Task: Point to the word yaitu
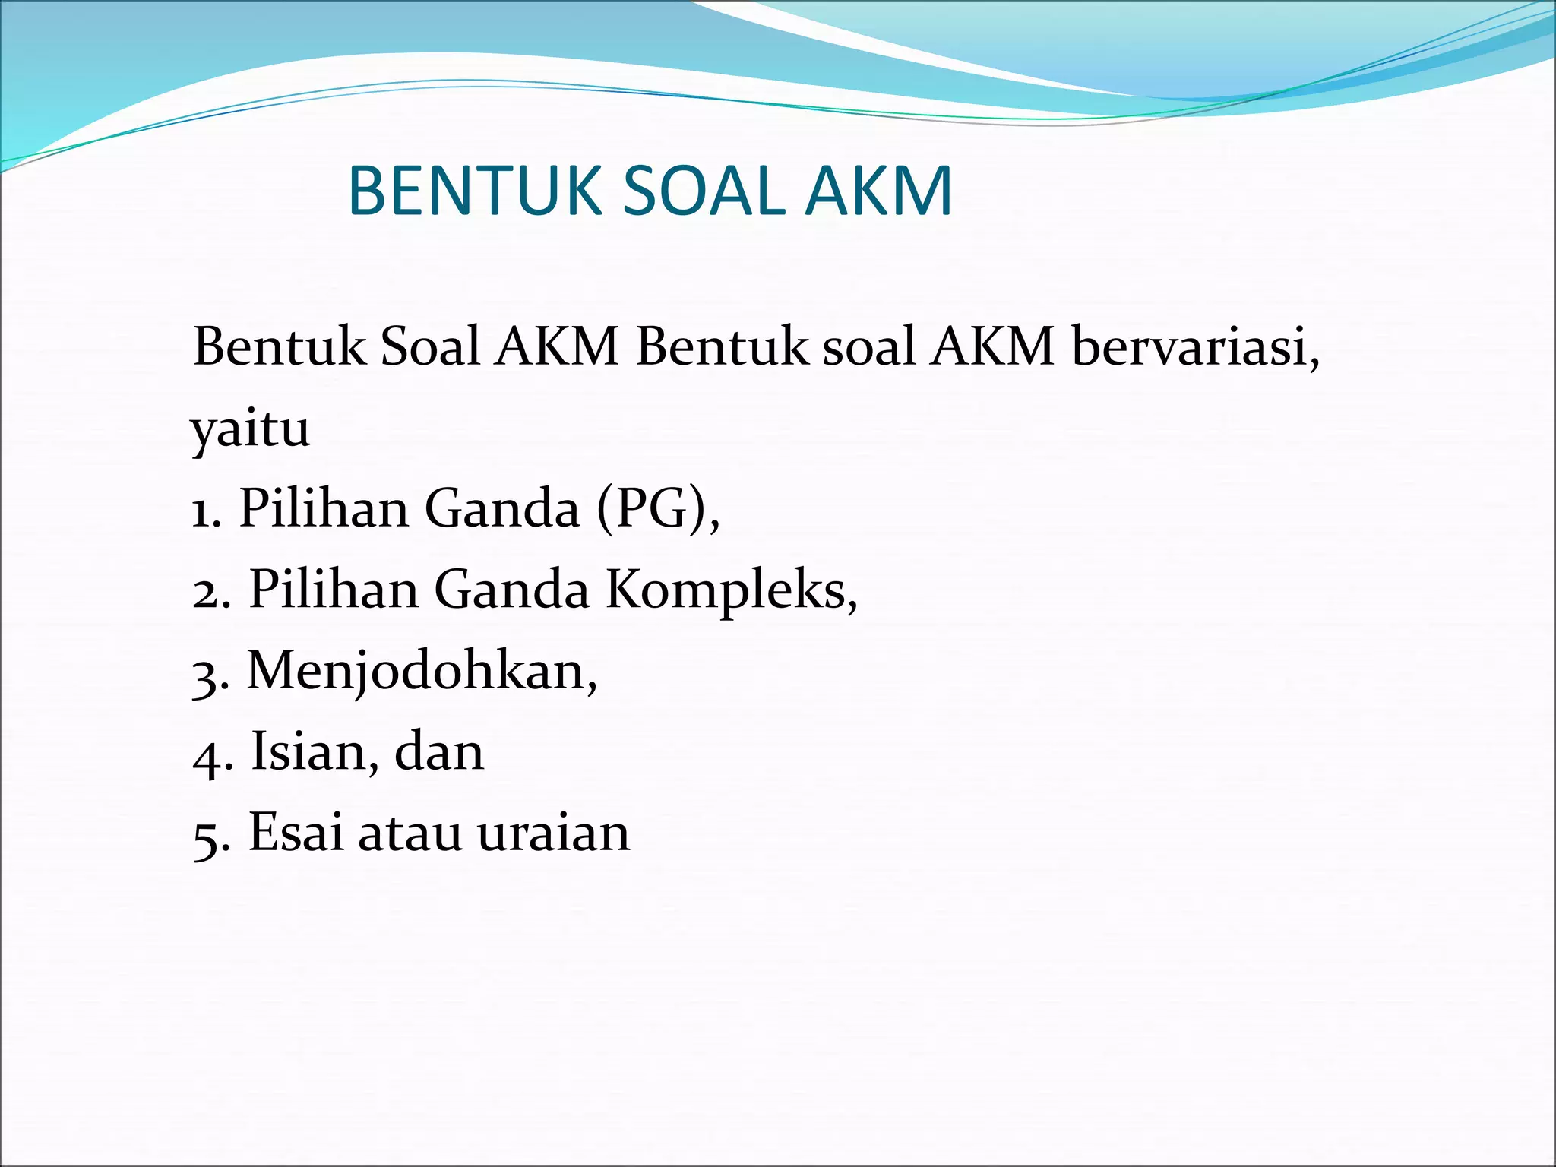[251, 429]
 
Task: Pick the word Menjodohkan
[422, 672]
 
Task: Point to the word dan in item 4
[438, 752]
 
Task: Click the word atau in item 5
[410, 834]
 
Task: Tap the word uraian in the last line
[554, 834]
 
